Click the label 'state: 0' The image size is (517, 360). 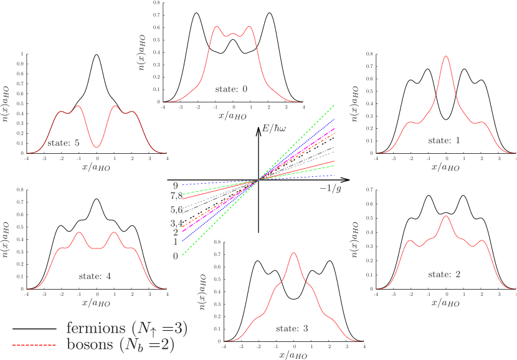tap(232, 89)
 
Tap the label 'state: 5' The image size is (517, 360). tap(64, 143)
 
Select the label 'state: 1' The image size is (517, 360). tap(444, 141)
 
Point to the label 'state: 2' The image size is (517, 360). tap(444, 274)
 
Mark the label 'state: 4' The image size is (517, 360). tap(95, 276)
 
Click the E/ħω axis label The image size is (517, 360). tap(274, 128)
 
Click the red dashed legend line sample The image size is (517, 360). tap(34, 344)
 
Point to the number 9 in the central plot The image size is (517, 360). tap(176, 185)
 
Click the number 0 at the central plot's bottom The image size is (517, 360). tap(176, 255)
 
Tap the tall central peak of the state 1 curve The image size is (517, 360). tap(446, 56)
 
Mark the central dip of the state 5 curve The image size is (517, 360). tap(97, 147)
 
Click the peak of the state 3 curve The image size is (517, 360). tap(293, 253)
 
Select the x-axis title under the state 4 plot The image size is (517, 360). tap(96, 303)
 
